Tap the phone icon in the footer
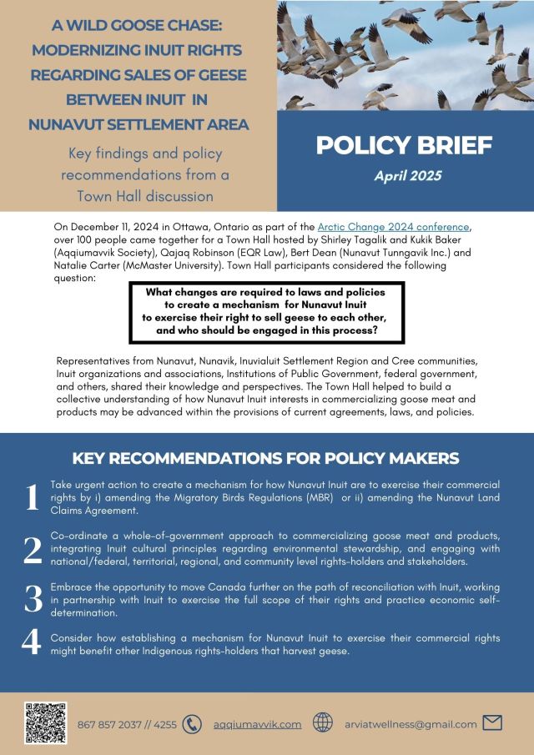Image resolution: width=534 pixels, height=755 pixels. (192, 724)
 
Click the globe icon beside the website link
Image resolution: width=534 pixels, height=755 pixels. (323, 724)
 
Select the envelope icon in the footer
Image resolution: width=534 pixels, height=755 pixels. (492, 724)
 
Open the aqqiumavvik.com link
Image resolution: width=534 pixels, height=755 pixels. (257, 725)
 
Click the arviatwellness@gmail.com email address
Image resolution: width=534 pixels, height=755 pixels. (411, 725)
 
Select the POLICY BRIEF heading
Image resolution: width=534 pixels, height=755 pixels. (403, 145)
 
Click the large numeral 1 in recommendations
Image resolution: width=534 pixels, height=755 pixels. (32, 498)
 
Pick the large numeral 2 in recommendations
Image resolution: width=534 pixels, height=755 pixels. (32, 550)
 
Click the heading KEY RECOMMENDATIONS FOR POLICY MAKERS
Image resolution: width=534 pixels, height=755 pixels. (265, 458)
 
